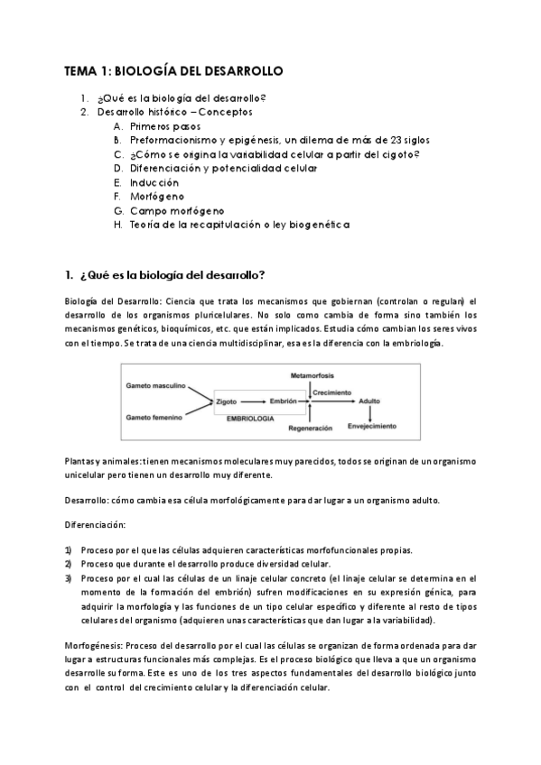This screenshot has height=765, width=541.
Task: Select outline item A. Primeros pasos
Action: click(x=154, y=127)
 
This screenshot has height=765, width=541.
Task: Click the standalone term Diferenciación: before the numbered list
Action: click(x=95, y=524)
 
